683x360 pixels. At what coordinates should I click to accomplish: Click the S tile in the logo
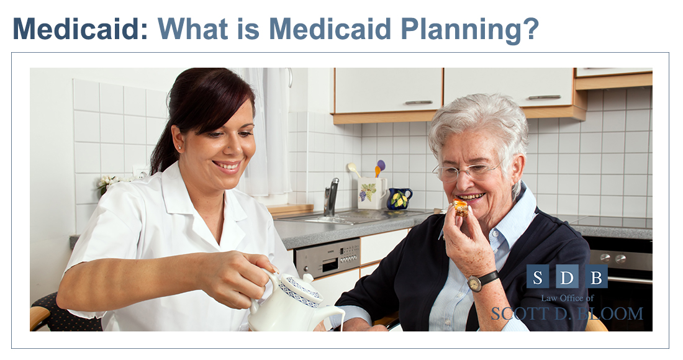[538, 276]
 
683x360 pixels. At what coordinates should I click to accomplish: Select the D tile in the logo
[567, 276]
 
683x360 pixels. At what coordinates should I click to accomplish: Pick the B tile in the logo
[596, 276]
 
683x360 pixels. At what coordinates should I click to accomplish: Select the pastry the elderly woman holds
[461, 208]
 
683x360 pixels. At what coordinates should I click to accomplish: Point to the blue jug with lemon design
[399, 199]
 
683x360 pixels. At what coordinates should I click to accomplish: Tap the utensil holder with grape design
[371, 193]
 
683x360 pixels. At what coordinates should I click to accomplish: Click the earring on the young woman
[179, 147]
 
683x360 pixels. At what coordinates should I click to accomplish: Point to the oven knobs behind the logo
[613, 258]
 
